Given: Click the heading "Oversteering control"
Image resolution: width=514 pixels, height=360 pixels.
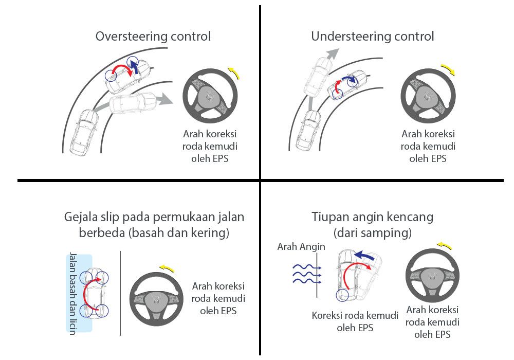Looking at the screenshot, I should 153,37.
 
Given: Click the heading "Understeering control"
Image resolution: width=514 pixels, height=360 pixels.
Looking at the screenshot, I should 372,37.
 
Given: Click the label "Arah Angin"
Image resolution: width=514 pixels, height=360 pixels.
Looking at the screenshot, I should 301,247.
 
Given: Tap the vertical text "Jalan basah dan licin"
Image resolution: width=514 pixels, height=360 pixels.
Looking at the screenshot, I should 72,293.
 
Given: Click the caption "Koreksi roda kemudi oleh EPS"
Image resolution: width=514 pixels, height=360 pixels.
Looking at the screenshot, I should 355,321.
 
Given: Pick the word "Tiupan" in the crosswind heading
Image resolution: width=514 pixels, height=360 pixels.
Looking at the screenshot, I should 330,217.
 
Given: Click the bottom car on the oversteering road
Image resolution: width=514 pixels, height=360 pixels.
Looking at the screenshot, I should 84,133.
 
